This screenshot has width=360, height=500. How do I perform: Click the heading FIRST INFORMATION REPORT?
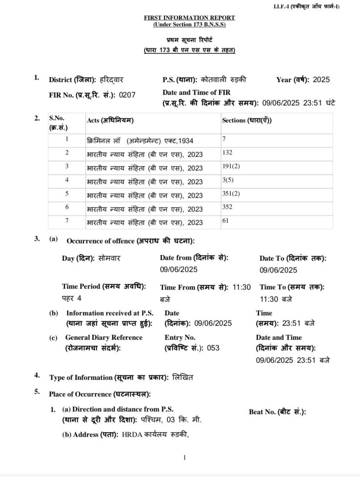[189, 18]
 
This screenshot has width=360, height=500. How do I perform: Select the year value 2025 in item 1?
[321, 80]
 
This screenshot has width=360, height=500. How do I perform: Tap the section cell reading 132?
[227, 153]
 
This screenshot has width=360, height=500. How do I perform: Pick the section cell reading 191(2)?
[229, 167]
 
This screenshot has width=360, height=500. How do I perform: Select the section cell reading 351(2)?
[229, 194]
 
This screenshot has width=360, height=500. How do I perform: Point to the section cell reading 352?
[227, 207]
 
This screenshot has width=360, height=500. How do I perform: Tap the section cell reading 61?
[225, 221]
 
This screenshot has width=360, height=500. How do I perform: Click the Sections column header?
[247, 121]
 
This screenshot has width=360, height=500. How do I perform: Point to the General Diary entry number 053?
[214, 348]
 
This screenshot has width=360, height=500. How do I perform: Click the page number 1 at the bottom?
[184, 458]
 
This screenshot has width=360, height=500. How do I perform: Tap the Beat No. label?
[277, 412]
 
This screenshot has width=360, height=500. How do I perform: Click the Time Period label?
[104, 287]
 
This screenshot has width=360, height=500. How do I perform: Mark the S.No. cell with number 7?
[67, 221]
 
